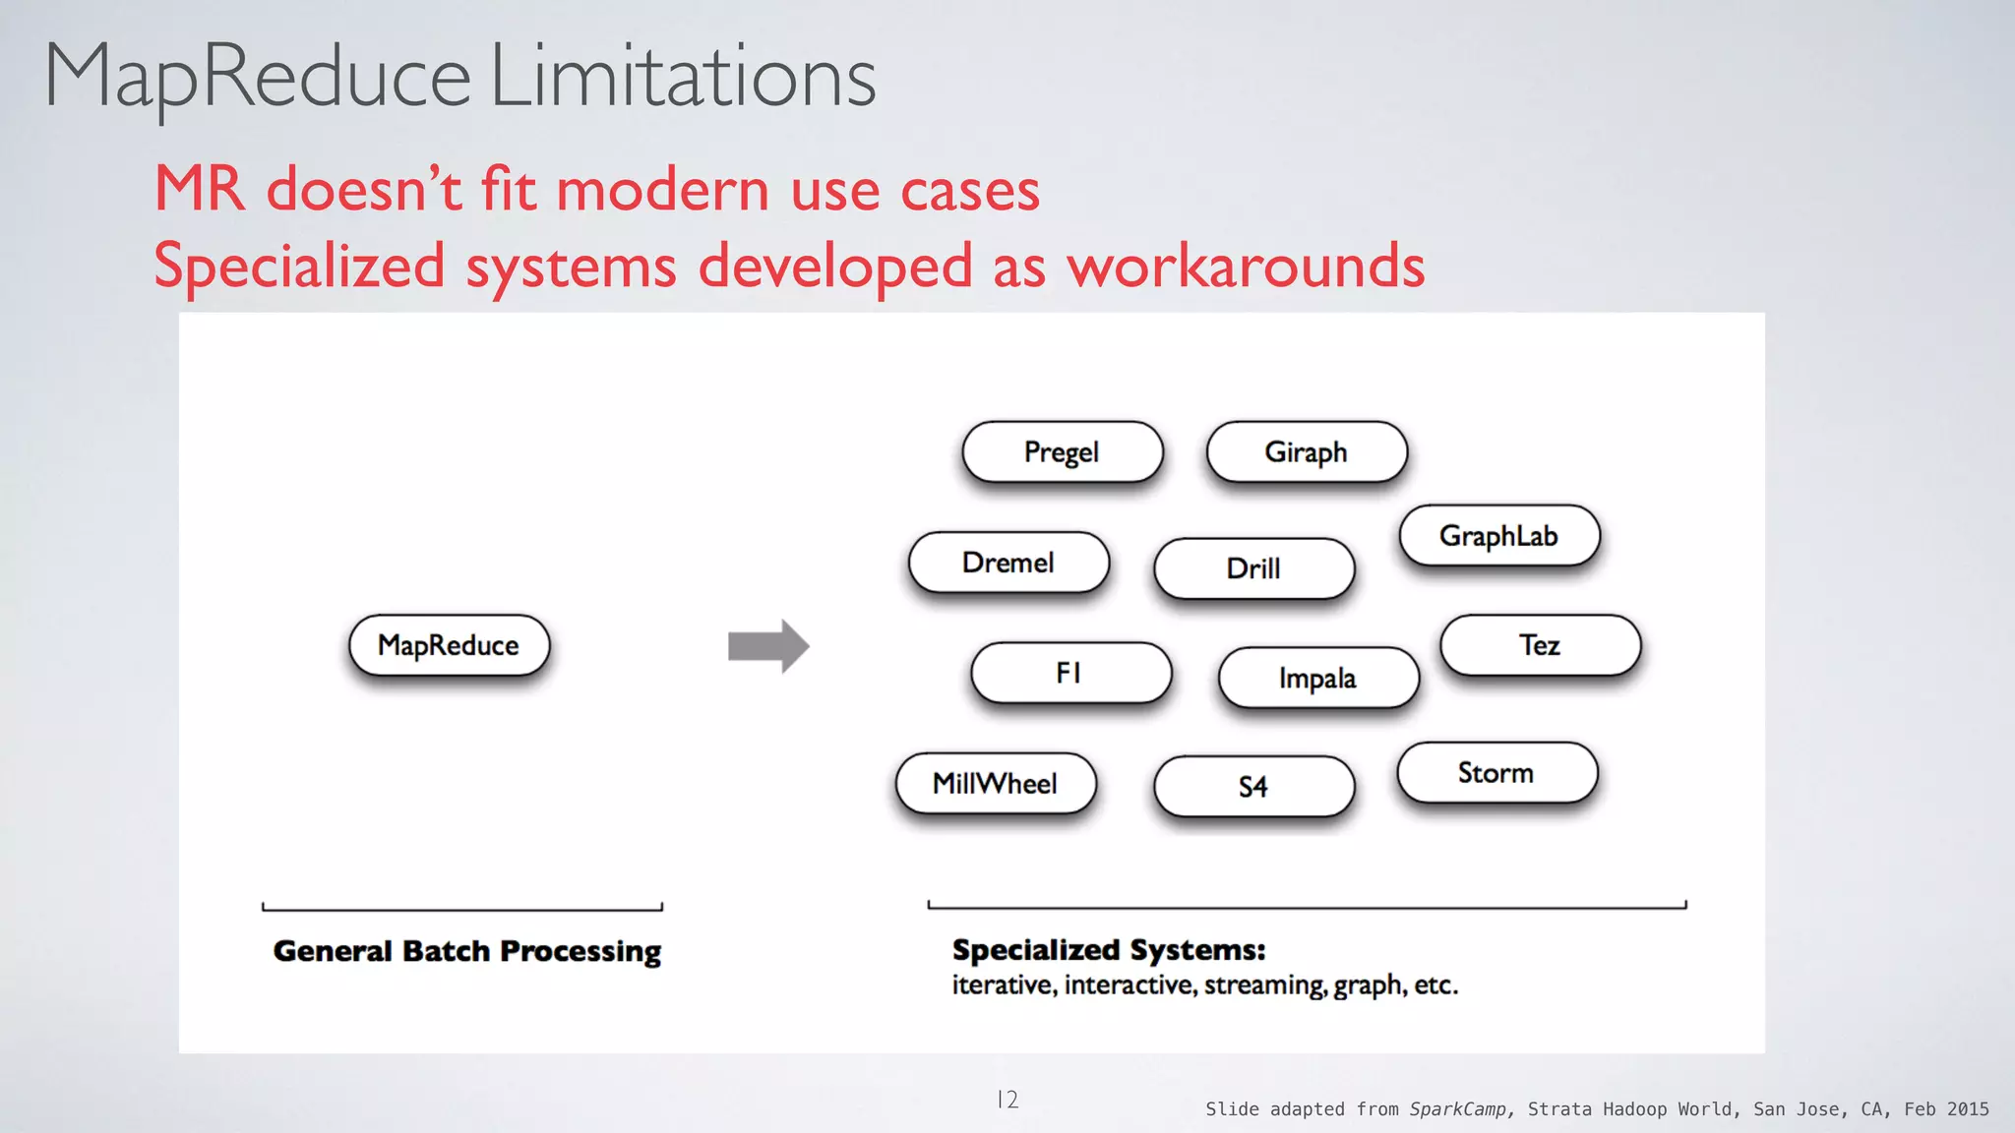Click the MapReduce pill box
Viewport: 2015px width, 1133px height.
[x=449, y=645]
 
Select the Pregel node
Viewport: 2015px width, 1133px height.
[x=1062, y=451]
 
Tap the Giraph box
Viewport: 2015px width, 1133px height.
[x=1306, y=451]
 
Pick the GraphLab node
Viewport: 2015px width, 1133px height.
[x=1498, y=536]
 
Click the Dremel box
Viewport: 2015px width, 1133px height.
[x=1008, y=563]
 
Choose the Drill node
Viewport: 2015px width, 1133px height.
[x=1253, y=568]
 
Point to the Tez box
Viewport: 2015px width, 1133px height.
[x=1540, y=645]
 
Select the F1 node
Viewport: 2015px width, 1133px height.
[x=1070, y=673]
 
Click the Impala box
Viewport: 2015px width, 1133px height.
[x=1318, y=678]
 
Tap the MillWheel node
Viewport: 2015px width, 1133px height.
[x=996, y=784]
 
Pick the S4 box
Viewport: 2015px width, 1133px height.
[x=1253, y=787]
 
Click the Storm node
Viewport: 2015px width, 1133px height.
[x=1496, y=773]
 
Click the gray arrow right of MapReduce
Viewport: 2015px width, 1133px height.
[x=768, y=646]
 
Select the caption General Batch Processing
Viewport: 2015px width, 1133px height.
[x=467, y=951]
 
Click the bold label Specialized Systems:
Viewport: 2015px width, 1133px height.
[x=1109, y=950]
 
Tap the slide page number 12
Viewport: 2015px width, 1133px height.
[x=1007, y=1100]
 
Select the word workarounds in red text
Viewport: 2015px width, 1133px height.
[x=1247, y=266]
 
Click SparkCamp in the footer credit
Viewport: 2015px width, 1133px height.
[x=1457, y=1109]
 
